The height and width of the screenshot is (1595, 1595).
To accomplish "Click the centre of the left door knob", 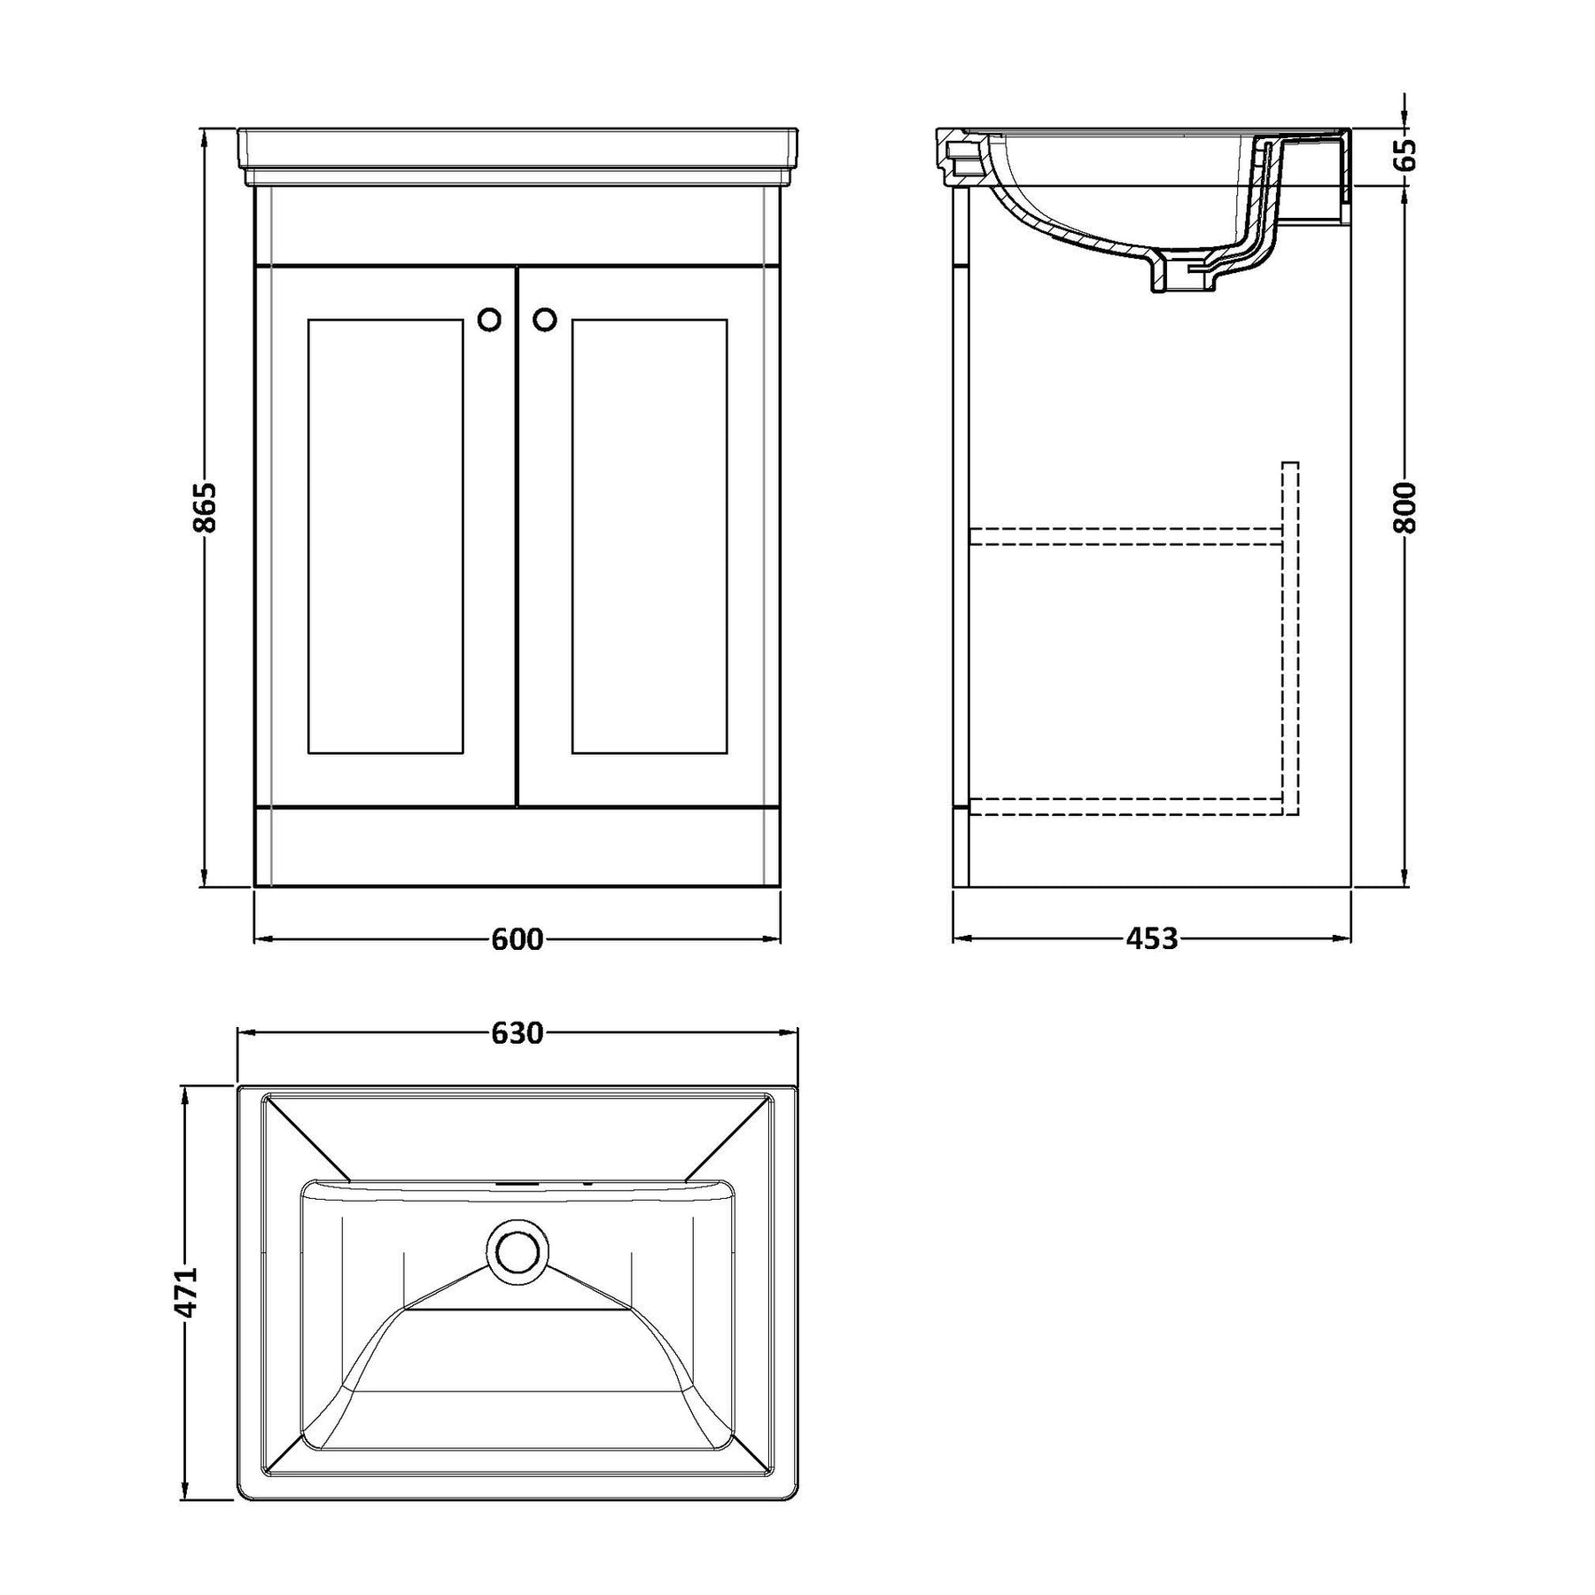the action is pyautogui.click(x=489, y=319).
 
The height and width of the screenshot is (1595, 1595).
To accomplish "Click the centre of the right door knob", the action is pyautogui.click(x=545, y=319).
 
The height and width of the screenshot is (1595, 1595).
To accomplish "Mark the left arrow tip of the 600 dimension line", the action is pyautogui.click(x=255, y=938).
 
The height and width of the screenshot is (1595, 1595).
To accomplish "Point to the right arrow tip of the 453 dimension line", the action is pyautogui.click(x=1350, y=938).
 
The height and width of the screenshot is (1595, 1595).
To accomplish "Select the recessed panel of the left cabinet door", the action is pyautogui.click(x=385, y=536).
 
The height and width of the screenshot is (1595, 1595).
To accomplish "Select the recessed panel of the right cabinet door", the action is pyautogui.click(x=650, y=536).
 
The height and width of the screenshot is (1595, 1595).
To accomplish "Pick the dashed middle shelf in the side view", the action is pyautogui.click(x=1125, y=535).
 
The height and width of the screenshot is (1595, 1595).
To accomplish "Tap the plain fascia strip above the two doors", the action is pyautogui.click(x=517, y=226).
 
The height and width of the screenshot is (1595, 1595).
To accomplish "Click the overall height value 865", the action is pyautogui.click(x=205, y=508).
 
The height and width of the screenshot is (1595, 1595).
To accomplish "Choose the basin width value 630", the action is pyautogui.click(x=517, y=1032).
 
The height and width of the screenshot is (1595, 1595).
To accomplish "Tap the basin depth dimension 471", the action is pyautogui.click(x=186, y=1294).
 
